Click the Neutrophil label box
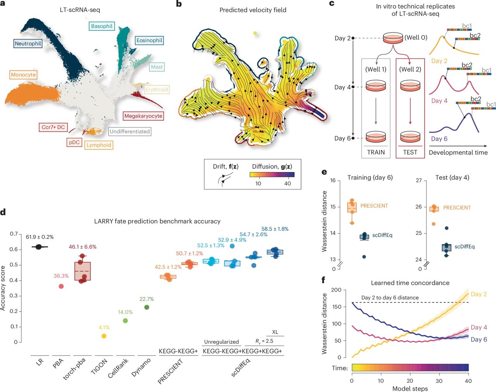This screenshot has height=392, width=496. pos(28,43)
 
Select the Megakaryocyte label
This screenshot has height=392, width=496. pos(143,116)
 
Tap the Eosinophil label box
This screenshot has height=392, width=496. pos(149,40)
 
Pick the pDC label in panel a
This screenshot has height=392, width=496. pos(74,142)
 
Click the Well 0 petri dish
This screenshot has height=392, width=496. pos(393,38)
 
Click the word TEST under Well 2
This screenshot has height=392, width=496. pos(410,152)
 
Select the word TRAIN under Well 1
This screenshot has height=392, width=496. pos(376,152)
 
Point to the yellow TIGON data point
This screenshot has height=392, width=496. pos(104,336)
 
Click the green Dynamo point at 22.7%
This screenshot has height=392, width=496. pos(146,307)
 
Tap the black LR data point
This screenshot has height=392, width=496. pos(38,247)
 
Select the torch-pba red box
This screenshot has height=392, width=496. pos(83,271)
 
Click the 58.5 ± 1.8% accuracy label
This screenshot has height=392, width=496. pos(275,229)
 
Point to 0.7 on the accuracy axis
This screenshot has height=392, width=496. pos(14,234)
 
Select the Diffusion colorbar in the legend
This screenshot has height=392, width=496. pos(272,175)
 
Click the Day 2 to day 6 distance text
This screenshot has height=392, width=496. pos(390,297)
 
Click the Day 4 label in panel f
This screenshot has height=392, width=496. pos(479,327)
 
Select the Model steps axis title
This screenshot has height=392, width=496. pos(410,388)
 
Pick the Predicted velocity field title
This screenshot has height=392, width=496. pos(253,10)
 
